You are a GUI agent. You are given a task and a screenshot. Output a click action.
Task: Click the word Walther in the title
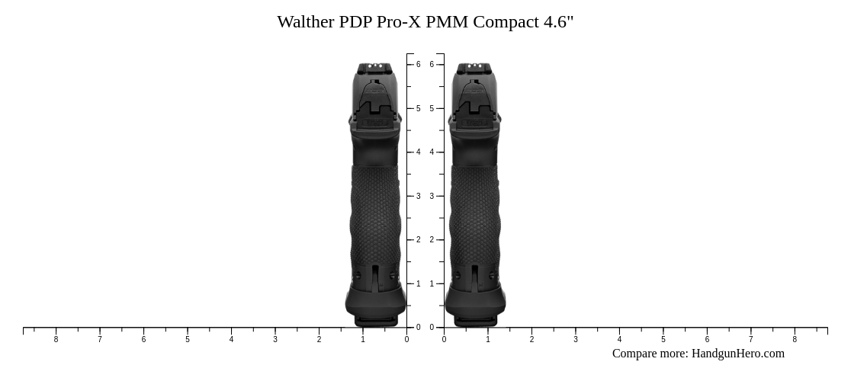306,21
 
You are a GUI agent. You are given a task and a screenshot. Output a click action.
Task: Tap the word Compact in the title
506,21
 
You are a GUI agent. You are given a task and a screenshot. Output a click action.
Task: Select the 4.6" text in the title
558,21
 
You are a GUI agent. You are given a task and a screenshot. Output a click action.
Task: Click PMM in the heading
447,21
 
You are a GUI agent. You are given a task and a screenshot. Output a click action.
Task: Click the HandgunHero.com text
737,353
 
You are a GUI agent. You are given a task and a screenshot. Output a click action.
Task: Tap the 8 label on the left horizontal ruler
56,339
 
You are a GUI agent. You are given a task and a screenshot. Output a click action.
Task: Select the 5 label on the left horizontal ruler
188,339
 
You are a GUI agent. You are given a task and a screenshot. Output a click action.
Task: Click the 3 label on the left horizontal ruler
275,339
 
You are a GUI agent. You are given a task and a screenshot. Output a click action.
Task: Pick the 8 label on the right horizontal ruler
795,339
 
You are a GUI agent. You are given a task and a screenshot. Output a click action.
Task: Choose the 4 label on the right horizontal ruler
619,339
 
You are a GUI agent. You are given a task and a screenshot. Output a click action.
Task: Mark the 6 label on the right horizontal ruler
707,339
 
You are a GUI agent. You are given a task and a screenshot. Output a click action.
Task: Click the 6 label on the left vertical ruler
418,65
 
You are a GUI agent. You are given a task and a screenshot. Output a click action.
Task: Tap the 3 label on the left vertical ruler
418,196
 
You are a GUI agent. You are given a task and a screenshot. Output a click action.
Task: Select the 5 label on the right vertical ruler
432,108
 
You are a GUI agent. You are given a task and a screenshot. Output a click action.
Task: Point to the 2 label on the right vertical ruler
432,239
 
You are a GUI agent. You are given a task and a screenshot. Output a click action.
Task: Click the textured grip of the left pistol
375,213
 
